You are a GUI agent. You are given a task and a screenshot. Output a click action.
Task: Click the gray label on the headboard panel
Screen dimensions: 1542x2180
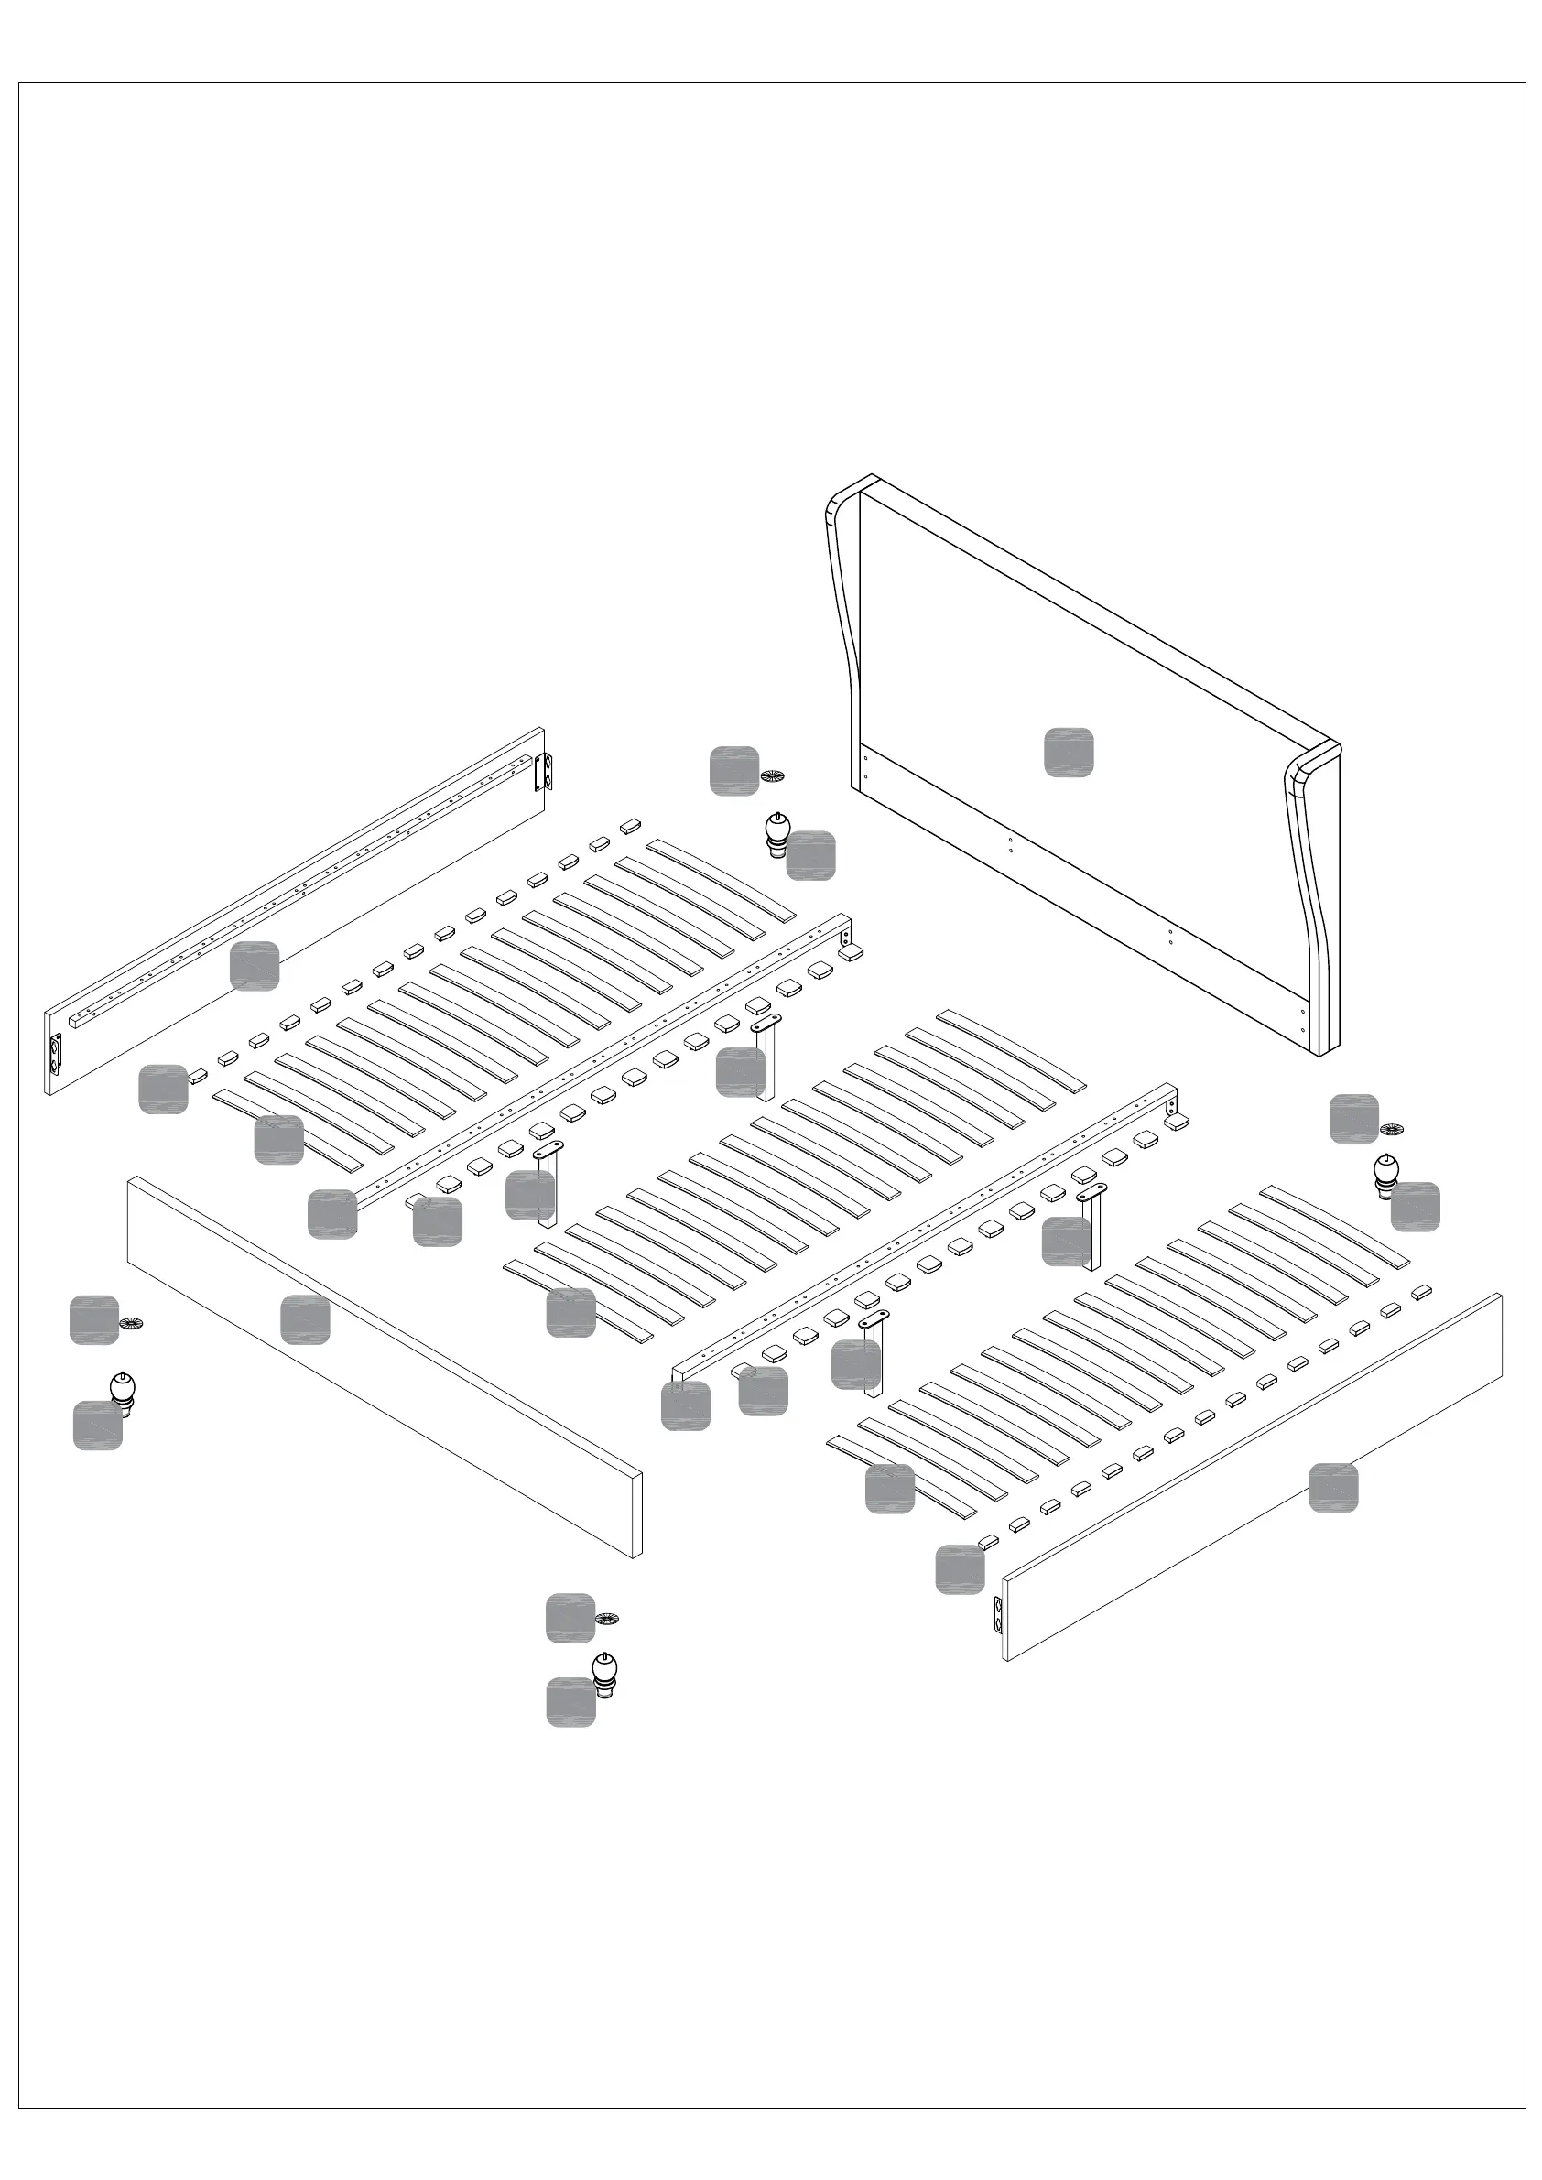pyautogui.click(x=1069, y=752)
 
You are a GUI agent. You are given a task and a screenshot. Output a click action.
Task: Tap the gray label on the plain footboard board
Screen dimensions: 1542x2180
pyautogui.click(x=305, y=1318)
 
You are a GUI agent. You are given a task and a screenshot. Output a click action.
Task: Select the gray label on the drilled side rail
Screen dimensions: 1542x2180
pyautogui.click(x=255, y=966)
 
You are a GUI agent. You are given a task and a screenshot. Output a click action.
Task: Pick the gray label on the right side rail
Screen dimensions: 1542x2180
pyautogui.click(x=1332, y=1488)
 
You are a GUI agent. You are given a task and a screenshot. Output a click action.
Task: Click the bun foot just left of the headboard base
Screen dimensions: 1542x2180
pyautogui.click(x=777, y=832)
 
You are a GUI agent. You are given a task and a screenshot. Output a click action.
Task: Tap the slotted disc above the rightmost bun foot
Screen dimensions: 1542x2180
pyautogui.click(x=1391, y=1130)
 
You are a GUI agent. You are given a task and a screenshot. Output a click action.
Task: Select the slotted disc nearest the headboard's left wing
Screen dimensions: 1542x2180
pyautogui.click(x=773, y=776)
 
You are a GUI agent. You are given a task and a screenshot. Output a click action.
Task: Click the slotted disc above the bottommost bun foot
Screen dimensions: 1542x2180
pyautogui.click(x=607, y=1618)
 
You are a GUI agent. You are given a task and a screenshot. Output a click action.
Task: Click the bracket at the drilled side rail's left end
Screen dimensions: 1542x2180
pyautogui.click(x=55, y=1053)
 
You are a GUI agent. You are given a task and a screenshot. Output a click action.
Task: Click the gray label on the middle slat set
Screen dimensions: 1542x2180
pyautogui.click(x=570, y=1312)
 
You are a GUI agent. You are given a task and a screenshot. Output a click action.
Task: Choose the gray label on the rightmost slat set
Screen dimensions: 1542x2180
pyautogui.click(x=889, y=1488)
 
